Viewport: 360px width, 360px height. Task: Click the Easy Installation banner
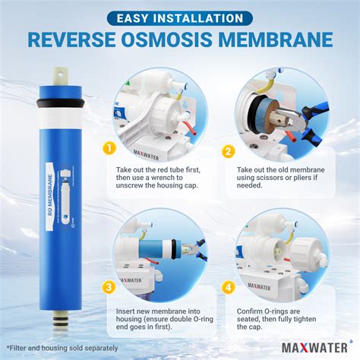[180, 16]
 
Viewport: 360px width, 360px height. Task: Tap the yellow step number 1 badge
[111, 147]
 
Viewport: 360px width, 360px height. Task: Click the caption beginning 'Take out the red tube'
[159, 173]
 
